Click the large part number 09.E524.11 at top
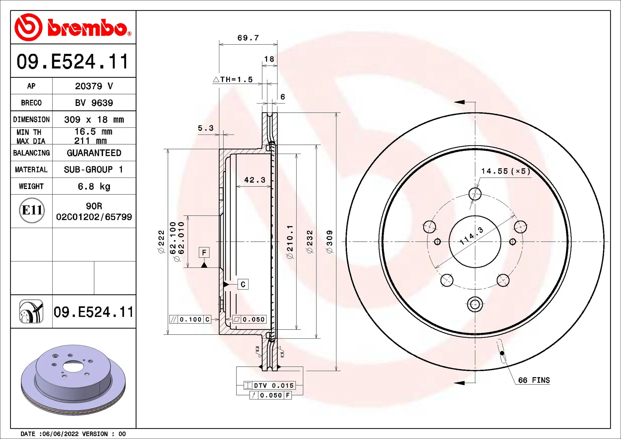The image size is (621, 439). coord(73,62)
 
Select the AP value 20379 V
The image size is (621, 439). coord(94,86)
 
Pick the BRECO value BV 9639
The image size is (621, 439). coord(94,103)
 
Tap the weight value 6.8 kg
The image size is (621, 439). coord(94,186)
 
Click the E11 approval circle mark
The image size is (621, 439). coord(32,210)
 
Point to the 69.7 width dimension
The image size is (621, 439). coord(248,38)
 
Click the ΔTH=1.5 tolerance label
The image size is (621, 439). coord(233,80)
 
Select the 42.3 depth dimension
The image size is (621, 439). coord(254,180)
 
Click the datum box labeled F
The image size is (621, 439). coord(204,253)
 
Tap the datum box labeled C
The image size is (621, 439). coord(243,284)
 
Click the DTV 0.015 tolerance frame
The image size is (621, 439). coord(270,386)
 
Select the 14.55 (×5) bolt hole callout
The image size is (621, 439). coord(505,171)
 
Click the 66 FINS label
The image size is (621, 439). coord(534,380)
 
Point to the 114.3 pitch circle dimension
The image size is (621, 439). coord(471,236)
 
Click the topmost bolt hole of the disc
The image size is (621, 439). coord(475,194)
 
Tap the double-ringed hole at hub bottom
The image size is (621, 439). coord(475,304)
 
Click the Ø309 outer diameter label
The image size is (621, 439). coord(329,242)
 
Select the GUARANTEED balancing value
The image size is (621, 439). coord(94,153)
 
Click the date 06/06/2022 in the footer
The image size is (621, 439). coord(61,434)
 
